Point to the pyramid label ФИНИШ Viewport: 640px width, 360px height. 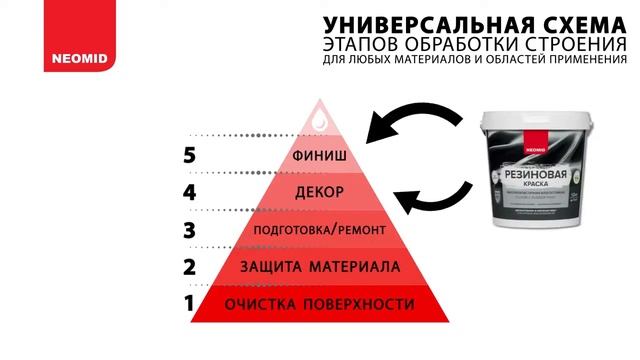click(x=321, y=156)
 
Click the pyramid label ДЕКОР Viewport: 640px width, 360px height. click(x=321, y=191)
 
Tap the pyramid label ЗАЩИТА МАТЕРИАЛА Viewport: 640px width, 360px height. click(x=321, y=267)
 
